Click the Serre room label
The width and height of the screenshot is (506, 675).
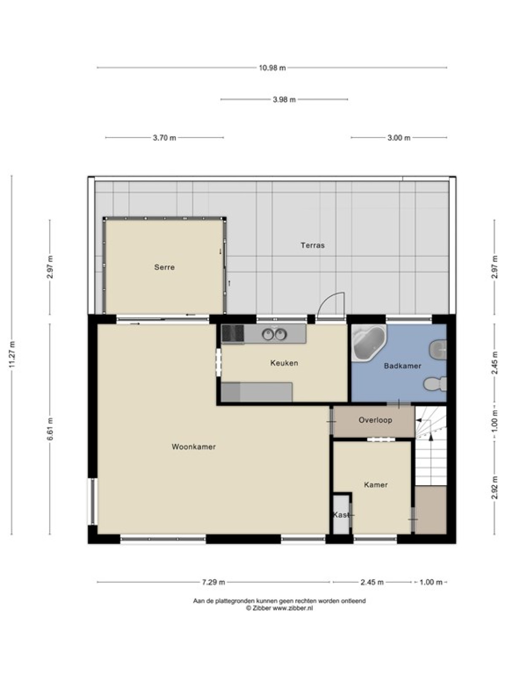164,267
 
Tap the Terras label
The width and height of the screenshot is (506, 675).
312,246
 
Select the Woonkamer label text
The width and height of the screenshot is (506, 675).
194,447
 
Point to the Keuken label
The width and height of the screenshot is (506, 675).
284,363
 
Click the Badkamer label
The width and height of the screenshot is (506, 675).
402,366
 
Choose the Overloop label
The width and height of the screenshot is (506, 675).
375,420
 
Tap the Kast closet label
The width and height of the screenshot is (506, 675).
341,515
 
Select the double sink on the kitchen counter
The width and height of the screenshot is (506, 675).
275,334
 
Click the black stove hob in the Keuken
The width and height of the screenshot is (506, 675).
233,333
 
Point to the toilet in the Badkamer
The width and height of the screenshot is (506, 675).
435,384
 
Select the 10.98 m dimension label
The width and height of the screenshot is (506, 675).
272,68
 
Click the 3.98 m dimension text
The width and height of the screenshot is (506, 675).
284,100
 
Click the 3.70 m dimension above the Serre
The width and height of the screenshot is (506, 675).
164,138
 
